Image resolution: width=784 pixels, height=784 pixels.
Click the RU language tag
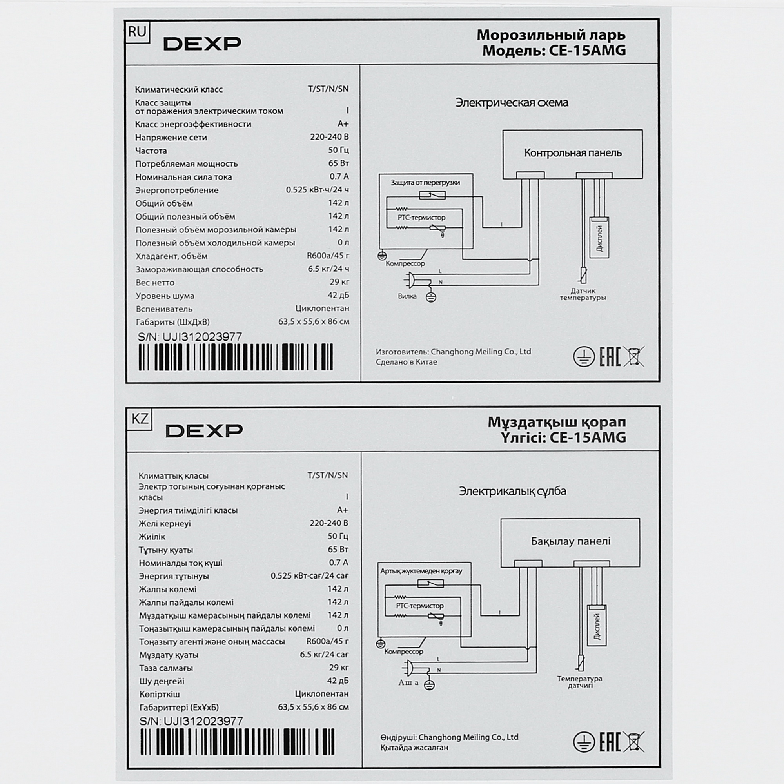137,32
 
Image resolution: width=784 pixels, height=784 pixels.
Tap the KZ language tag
140,418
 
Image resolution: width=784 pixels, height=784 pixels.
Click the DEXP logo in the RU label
202,44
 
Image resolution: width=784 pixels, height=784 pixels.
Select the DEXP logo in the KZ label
204,431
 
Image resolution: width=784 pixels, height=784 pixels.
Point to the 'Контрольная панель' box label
573,153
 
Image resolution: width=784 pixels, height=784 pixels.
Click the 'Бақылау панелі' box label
570,541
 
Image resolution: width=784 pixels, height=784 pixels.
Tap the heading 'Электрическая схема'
511,103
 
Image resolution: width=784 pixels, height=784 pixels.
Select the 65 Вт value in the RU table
338,163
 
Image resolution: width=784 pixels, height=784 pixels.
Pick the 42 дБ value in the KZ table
338,681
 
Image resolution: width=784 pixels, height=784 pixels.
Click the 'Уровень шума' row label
165,296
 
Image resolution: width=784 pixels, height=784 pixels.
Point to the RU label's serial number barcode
235,357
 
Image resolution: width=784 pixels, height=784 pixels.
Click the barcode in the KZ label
238,742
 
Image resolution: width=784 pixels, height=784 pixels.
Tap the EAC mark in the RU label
610,357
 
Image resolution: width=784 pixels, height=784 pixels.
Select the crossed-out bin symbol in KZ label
633,742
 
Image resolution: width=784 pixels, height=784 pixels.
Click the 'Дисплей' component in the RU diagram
599,239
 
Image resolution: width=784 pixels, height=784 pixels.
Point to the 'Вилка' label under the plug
407,296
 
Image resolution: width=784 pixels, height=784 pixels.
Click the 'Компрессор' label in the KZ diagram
403,652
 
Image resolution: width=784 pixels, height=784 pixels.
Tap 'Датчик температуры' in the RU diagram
583,294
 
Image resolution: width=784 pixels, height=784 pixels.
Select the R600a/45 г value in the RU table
328,256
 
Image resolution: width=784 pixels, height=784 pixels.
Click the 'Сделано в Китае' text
406,362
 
